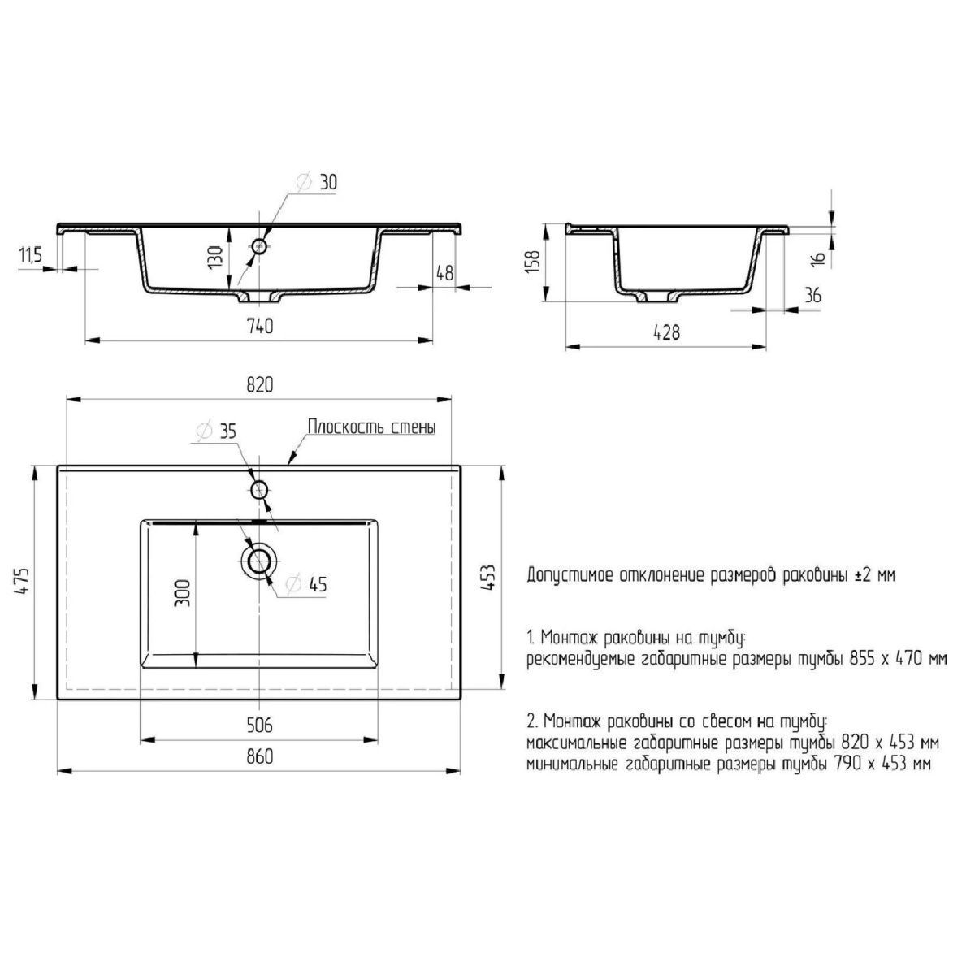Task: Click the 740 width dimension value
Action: pyautogui.click(x=260, y=326)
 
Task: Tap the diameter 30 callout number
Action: pyautogui.click(x=328, y=182)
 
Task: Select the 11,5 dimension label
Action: pyautogui.click(x=31, y=255)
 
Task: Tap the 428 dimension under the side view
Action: pyautogui.click(x=667, y=332)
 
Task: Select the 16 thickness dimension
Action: pyautogui.click(x=818, y=258)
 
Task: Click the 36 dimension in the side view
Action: pyautogui.click(x=813, y=295)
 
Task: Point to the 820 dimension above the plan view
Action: pyautogui.click(x=260, y=386)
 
